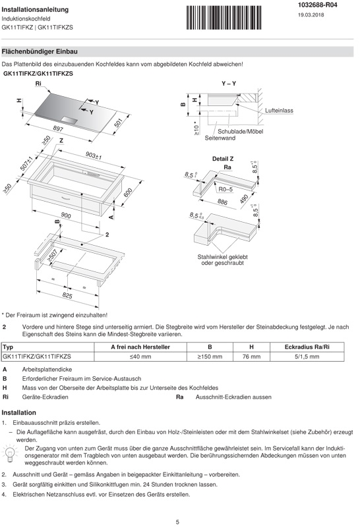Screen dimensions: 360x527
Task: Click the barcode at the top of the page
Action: (x=224, y=18)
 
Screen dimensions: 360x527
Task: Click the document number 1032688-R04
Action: (x=317, y=5)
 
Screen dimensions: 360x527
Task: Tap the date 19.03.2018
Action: (x=311, y=14)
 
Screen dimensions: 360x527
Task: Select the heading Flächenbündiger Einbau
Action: (x=40, y=51)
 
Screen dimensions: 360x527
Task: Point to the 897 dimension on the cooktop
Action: (x=58, y=128)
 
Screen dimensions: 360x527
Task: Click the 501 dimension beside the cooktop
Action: (x=118, y=123)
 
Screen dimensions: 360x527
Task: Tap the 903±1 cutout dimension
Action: (x=94, y=155)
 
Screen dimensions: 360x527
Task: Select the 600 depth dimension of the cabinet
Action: (x=128, y=192)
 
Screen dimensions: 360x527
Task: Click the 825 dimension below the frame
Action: (x=67, y=295)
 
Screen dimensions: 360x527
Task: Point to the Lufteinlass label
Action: (x=279, y=111)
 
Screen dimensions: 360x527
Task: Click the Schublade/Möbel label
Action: (x=240, y=131)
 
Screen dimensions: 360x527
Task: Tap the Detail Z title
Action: (x=223, y=159)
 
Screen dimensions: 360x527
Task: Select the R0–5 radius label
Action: (x=225, y=189)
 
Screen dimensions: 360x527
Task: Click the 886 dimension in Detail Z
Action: (x=222, y=202)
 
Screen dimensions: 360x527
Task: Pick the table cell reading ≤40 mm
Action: (x=140, y=356)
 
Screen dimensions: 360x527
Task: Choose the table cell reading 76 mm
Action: (x=251, y=356)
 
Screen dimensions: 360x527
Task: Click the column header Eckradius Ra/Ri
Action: (x=307, y=347)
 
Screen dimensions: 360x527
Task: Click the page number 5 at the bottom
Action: (x=177, y=522)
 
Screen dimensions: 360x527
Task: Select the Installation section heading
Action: (x=19, y=413)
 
